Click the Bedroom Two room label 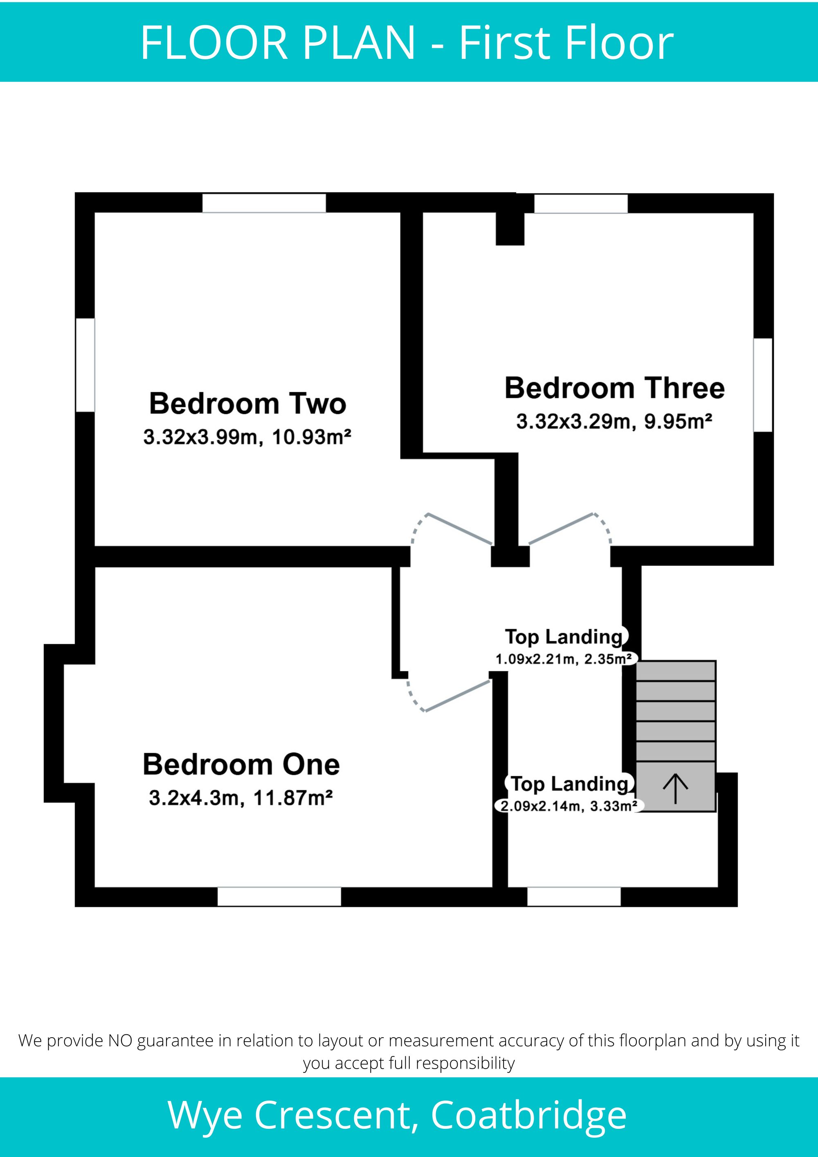coord(247,404)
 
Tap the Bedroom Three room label coord(614,388)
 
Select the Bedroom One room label coord(241,764)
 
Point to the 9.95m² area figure coord(679,421)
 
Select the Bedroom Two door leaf coord(460,529)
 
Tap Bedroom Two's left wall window coord(85,365)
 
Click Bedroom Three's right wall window coord(763,385)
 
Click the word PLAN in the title coord(358,43)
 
